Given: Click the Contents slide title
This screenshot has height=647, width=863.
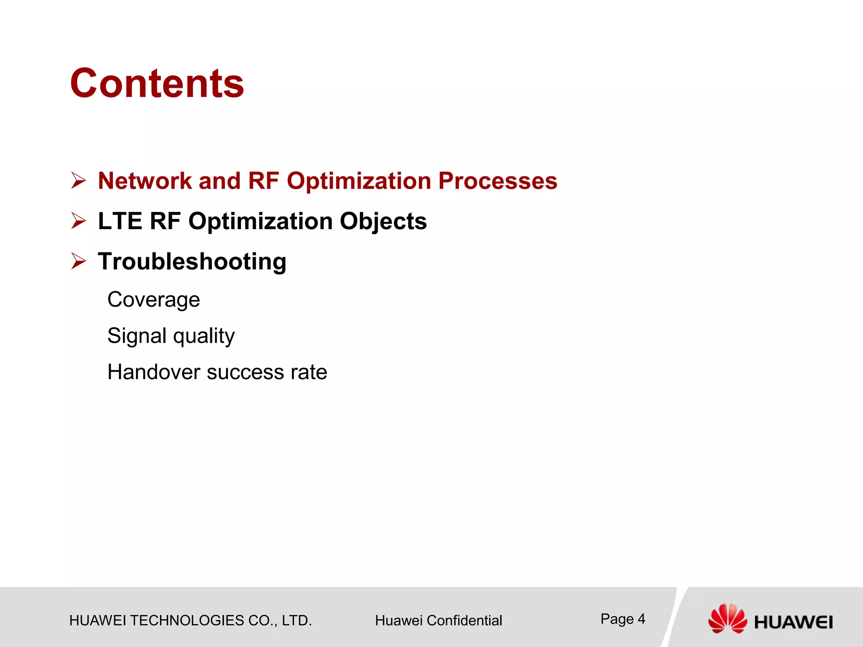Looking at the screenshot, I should (157, 83).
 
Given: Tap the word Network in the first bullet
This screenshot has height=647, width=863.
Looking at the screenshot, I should (145, 181).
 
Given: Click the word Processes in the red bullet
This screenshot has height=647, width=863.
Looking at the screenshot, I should (498, 181).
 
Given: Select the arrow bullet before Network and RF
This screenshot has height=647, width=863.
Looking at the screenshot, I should (78, 181).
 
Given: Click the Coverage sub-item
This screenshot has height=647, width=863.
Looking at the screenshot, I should (153, 300).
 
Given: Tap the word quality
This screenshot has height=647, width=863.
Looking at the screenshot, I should (204, 336).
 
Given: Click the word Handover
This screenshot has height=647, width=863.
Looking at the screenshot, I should (153, 372).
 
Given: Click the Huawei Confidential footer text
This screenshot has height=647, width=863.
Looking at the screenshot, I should (438, 620).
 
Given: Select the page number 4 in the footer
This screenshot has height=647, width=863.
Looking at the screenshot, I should (641, 619).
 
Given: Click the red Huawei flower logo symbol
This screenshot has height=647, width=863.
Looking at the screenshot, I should (727, 618).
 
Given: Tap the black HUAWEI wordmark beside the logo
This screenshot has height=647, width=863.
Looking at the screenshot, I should (793, 622).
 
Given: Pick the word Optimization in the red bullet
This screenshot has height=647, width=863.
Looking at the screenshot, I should (359, 181).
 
